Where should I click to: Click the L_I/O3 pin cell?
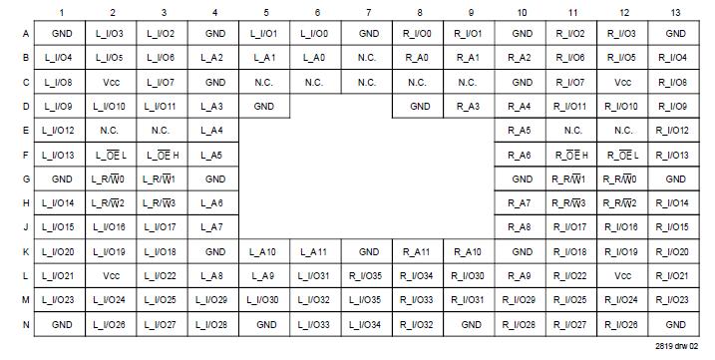pos(112,34)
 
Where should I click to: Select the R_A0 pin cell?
pos(419,58)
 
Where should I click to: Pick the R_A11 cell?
pos(419,251)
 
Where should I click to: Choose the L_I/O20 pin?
pos(61,251)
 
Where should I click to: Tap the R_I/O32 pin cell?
pos(419,324)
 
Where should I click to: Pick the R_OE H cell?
pos(571,155)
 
